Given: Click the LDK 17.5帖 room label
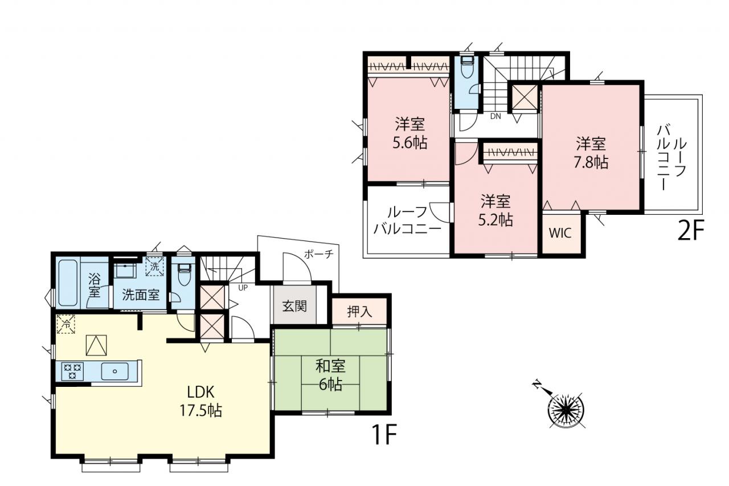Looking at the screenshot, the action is tap(201, 401).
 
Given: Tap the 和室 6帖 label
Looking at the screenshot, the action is tap(330, 375).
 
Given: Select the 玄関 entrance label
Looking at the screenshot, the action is tap(294, 306).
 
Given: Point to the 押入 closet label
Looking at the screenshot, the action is tap(359, 312).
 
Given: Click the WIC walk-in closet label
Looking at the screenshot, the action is tap(560, 233).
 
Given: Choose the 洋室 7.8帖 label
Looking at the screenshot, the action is tap(591, 153).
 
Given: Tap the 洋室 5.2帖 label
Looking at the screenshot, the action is tap(495, 211).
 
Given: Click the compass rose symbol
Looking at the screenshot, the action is tap(566, 409).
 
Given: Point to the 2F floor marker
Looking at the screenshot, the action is tap(690, 230).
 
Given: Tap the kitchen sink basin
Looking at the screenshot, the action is tap(114, 371).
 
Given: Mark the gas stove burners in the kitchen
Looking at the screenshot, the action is tap(72, 371).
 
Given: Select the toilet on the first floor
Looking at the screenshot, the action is tap(183, 275).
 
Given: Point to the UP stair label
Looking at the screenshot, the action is tap(243, 288).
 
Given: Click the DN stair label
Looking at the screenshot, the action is tap(495, 116).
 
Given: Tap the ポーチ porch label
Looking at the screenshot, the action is tap(319, 254).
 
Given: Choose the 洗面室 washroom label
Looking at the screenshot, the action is tap(141, 295).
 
